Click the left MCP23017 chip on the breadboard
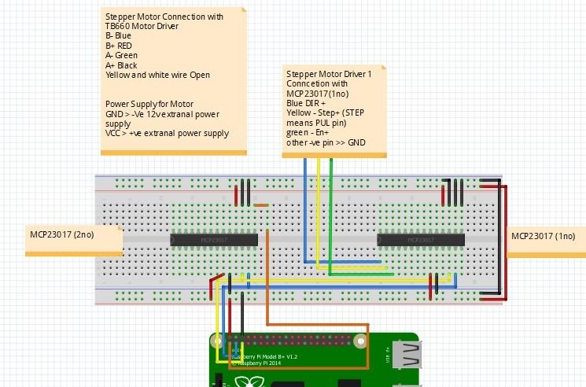coord(214,239)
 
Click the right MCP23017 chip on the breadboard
coord(421,239)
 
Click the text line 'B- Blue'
coord(119,35)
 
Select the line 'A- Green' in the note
coord(122,55)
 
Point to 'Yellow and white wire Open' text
coord(158,76)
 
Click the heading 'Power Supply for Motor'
coord(149,104)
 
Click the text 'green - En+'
coord(308,133)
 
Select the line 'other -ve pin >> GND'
coord(326,142)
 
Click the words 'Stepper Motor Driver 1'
coord(329,73)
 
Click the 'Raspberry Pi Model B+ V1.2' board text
coord(264,356)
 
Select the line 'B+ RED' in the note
coord(120,46)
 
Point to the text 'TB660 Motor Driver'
coord(142,26)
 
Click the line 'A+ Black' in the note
coord(122,65)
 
